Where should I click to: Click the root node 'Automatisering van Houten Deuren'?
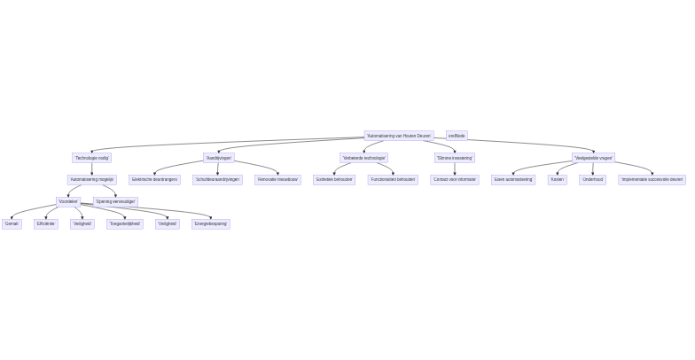398,136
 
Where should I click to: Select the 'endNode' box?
457,136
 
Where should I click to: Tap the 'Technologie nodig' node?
92,158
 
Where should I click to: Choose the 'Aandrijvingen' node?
219,158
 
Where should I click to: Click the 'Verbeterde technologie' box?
364,158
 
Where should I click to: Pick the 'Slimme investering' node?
455,158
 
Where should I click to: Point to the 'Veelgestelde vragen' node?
594,158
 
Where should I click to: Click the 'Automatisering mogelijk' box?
92,179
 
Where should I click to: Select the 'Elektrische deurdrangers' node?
155,179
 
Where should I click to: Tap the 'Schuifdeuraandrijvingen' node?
218,179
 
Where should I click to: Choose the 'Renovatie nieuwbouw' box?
277,179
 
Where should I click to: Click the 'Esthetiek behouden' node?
334,179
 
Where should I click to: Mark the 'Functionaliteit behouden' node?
393,179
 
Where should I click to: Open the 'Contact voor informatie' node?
455,179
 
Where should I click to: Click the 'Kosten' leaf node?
558,179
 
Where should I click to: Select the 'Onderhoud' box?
593,179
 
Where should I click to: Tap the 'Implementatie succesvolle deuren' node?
652,179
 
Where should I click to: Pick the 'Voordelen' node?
69,201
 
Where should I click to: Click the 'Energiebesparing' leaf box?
211,223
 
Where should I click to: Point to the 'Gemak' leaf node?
12,223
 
